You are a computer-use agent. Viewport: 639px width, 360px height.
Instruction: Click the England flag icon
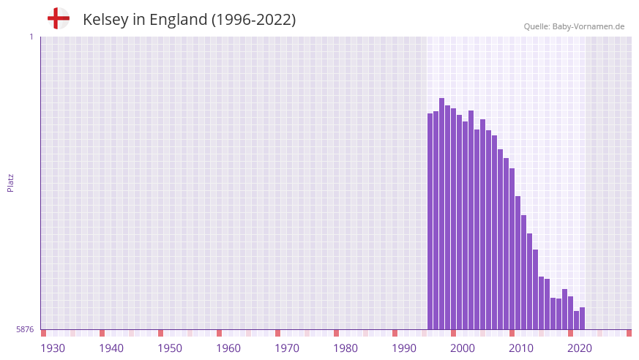pyautogui.click(x=58, y=19)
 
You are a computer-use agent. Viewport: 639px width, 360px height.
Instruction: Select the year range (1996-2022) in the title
pyautogui.click(x=253, y=20)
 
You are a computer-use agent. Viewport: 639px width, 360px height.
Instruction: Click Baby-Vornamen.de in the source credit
pyautogui.click(x=588, y=26)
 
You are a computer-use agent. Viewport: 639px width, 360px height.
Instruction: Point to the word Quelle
pyautogui.click(x=537, y=26)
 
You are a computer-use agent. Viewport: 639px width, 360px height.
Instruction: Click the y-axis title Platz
pyautogui.click(x=10, y=183)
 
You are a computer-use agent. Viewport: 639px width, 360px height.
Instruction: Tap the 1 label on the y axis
pyautogui.click(x=31, y=37)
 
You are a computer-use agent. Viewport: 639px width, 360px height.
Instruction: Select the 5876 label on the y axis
pyautogui.click(x=25, y=330)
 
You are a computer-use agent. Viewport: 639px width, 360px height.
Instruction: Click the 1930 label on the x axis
pyautogui.click(x=53, y=348)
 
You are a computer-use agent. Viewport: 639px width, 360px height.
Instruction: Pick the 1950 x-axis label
pyautogui.click(x=170, y=348)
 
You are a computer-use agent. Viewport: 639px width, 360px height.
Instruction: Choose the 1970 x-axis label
pyautogui.click(x=287, y=348)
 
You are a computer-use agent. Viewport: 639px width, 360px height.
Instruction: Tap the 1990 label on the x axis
pyautogui.click(x=404, y=348)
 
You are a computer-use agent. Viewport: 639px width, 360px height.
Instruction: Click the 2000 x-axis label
pyautogui.click(x=463, y=348)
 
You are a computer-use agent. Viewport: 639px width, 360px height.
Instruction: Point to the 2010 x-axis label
pyautogui.click(x=521, y=348)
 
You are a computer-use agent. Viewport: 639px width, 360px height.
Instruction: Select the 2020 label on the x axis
pyautogui.click(x=580, y=348)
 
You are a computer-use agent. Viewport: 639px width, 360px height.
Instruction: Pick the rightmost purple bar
pyautogui.click(x=582, y=318)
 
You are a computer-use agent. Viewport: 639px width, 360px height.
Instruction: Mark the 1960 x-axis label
pyautogui.click(x=228, y=348)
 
